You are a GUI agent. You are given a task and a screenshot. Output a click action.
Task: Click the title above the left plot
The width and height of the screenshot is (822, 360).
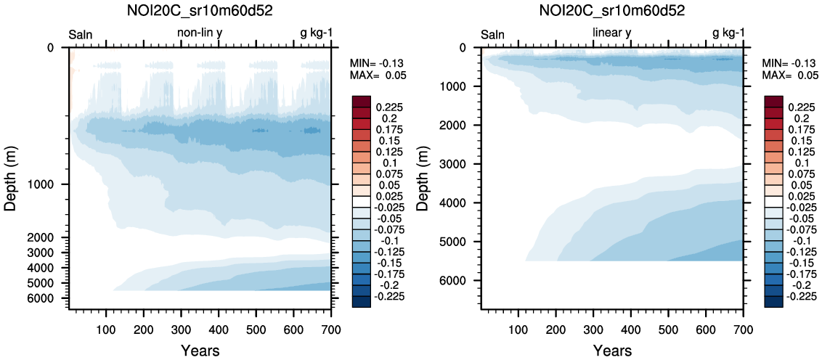point(200,11)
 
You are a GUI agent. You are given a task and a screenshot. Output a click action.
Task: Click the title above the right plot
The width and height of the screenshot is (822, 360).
point(612,11)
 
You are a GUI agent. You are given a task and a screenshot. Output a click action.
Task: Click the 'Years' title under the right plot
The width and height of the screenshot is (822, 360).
point(612,351)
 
